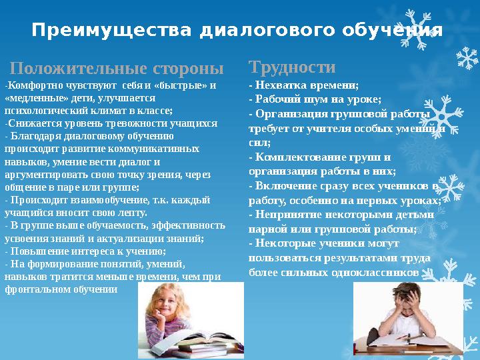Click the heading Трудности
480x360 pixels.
coord(292,67)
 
